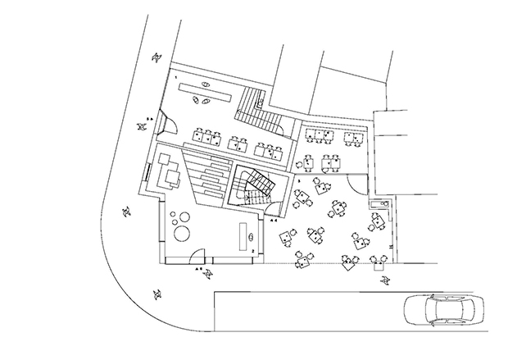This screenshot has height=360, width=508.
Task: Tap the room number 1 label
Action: (175, 75)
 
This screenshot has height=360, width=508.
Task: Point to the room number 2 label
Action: (253, 249)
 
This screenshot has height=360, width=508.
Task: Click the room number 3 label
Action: (299, 178)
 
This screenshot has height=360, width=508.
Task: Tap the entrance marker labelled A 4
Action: (274, 221)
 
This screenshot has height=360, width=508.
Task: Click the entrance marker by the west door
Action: (149, 121)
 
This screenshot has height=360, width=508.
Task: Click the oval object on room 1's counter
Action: (205, 84)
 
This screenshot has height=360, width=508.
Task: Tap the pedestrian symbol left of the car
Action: (385, 281)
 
